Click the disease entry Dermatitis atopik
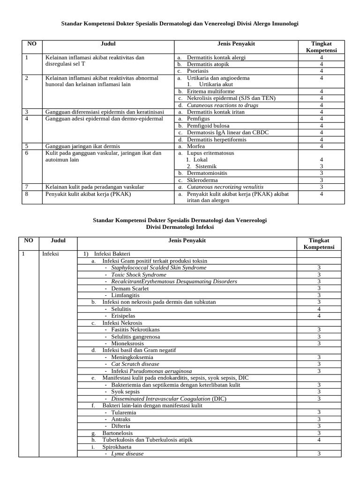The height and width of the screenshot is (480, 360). coord(209,64)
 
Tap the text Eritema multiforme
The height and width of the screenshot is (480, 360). coord(211,91)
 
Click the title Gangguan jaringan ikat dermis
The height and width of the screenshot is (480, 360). coord(82,146)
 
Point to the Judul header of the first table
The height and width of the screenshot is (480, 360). coord(108,44)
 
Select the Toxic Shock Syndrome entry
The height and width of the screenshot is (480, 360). coord(139,275)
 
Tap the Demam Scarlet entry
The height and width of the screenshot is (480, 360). coord(130,288)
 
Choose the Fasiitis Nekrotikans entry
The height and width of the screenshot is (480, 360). coord(136,330)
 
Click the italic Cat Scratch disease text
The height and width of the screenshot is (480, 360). coord(135,364)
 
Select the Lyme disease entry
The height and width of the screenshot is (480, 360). coord(127,454)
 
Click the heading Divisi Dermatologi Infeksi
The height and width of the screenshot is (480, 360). coord(180,226)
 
